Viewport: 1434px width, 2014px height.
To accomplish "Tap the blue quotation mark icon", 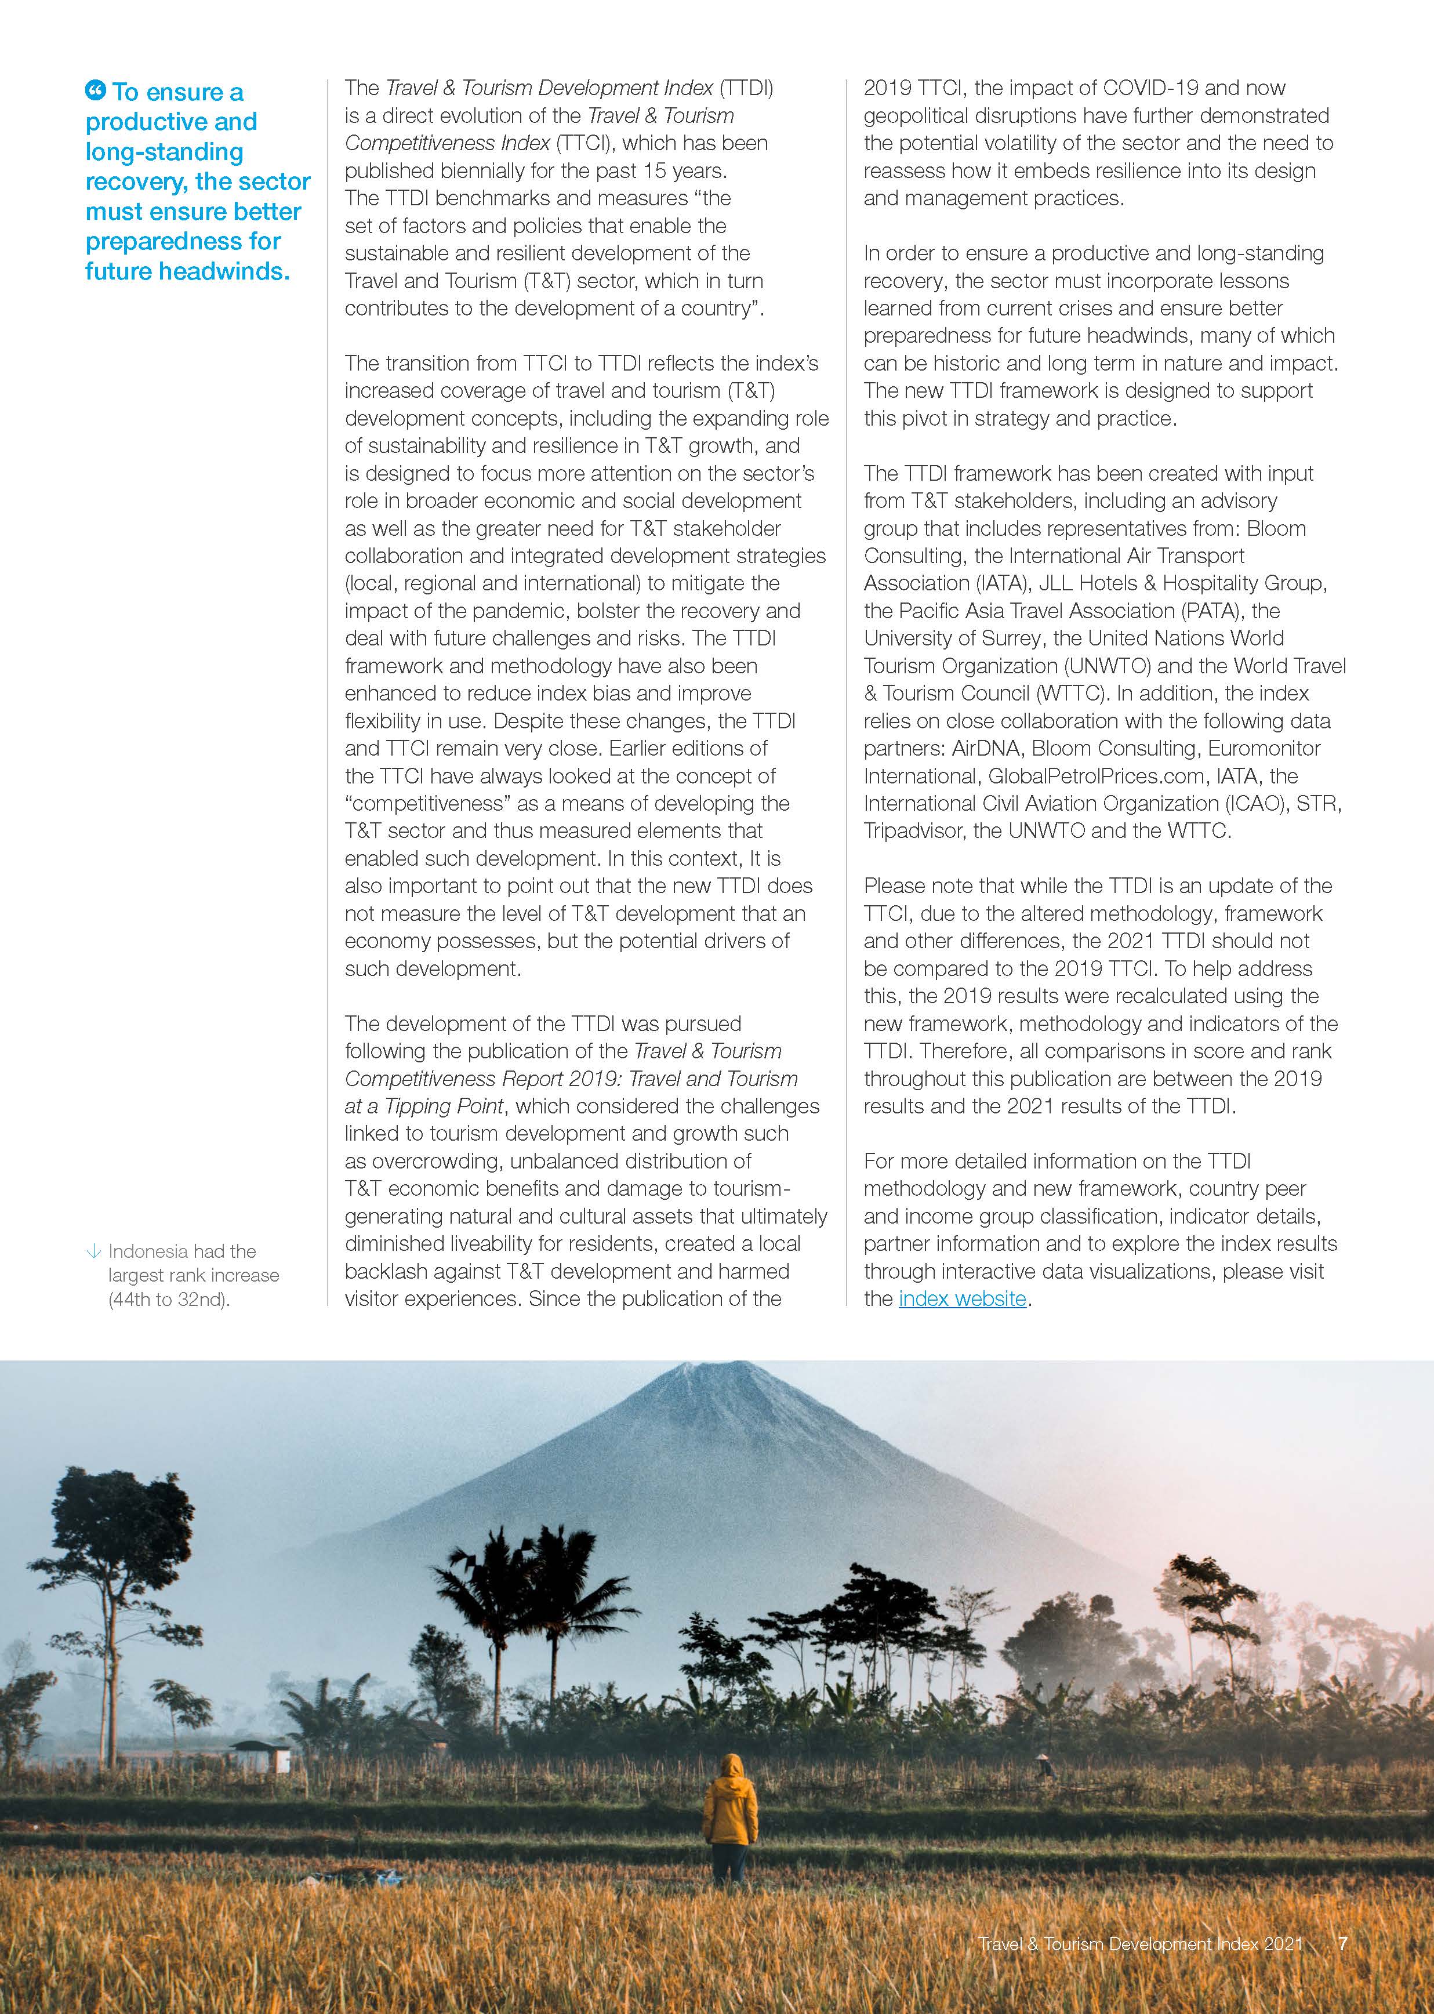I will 95,90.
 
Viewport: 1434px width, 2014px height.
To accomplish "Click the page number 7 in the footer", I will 1342,1943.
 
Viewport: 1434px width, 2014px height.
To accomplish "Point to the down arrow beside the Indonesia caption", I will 93,1251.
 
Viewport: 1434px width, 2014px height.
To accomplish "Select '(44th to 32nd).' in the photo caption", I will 169,1300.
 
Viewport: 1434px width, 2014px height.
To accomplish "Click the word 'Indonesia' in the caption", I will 147,1251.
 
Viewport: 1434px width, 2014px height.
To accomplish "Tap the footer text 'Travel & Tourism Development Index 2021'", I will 1140,1943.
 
